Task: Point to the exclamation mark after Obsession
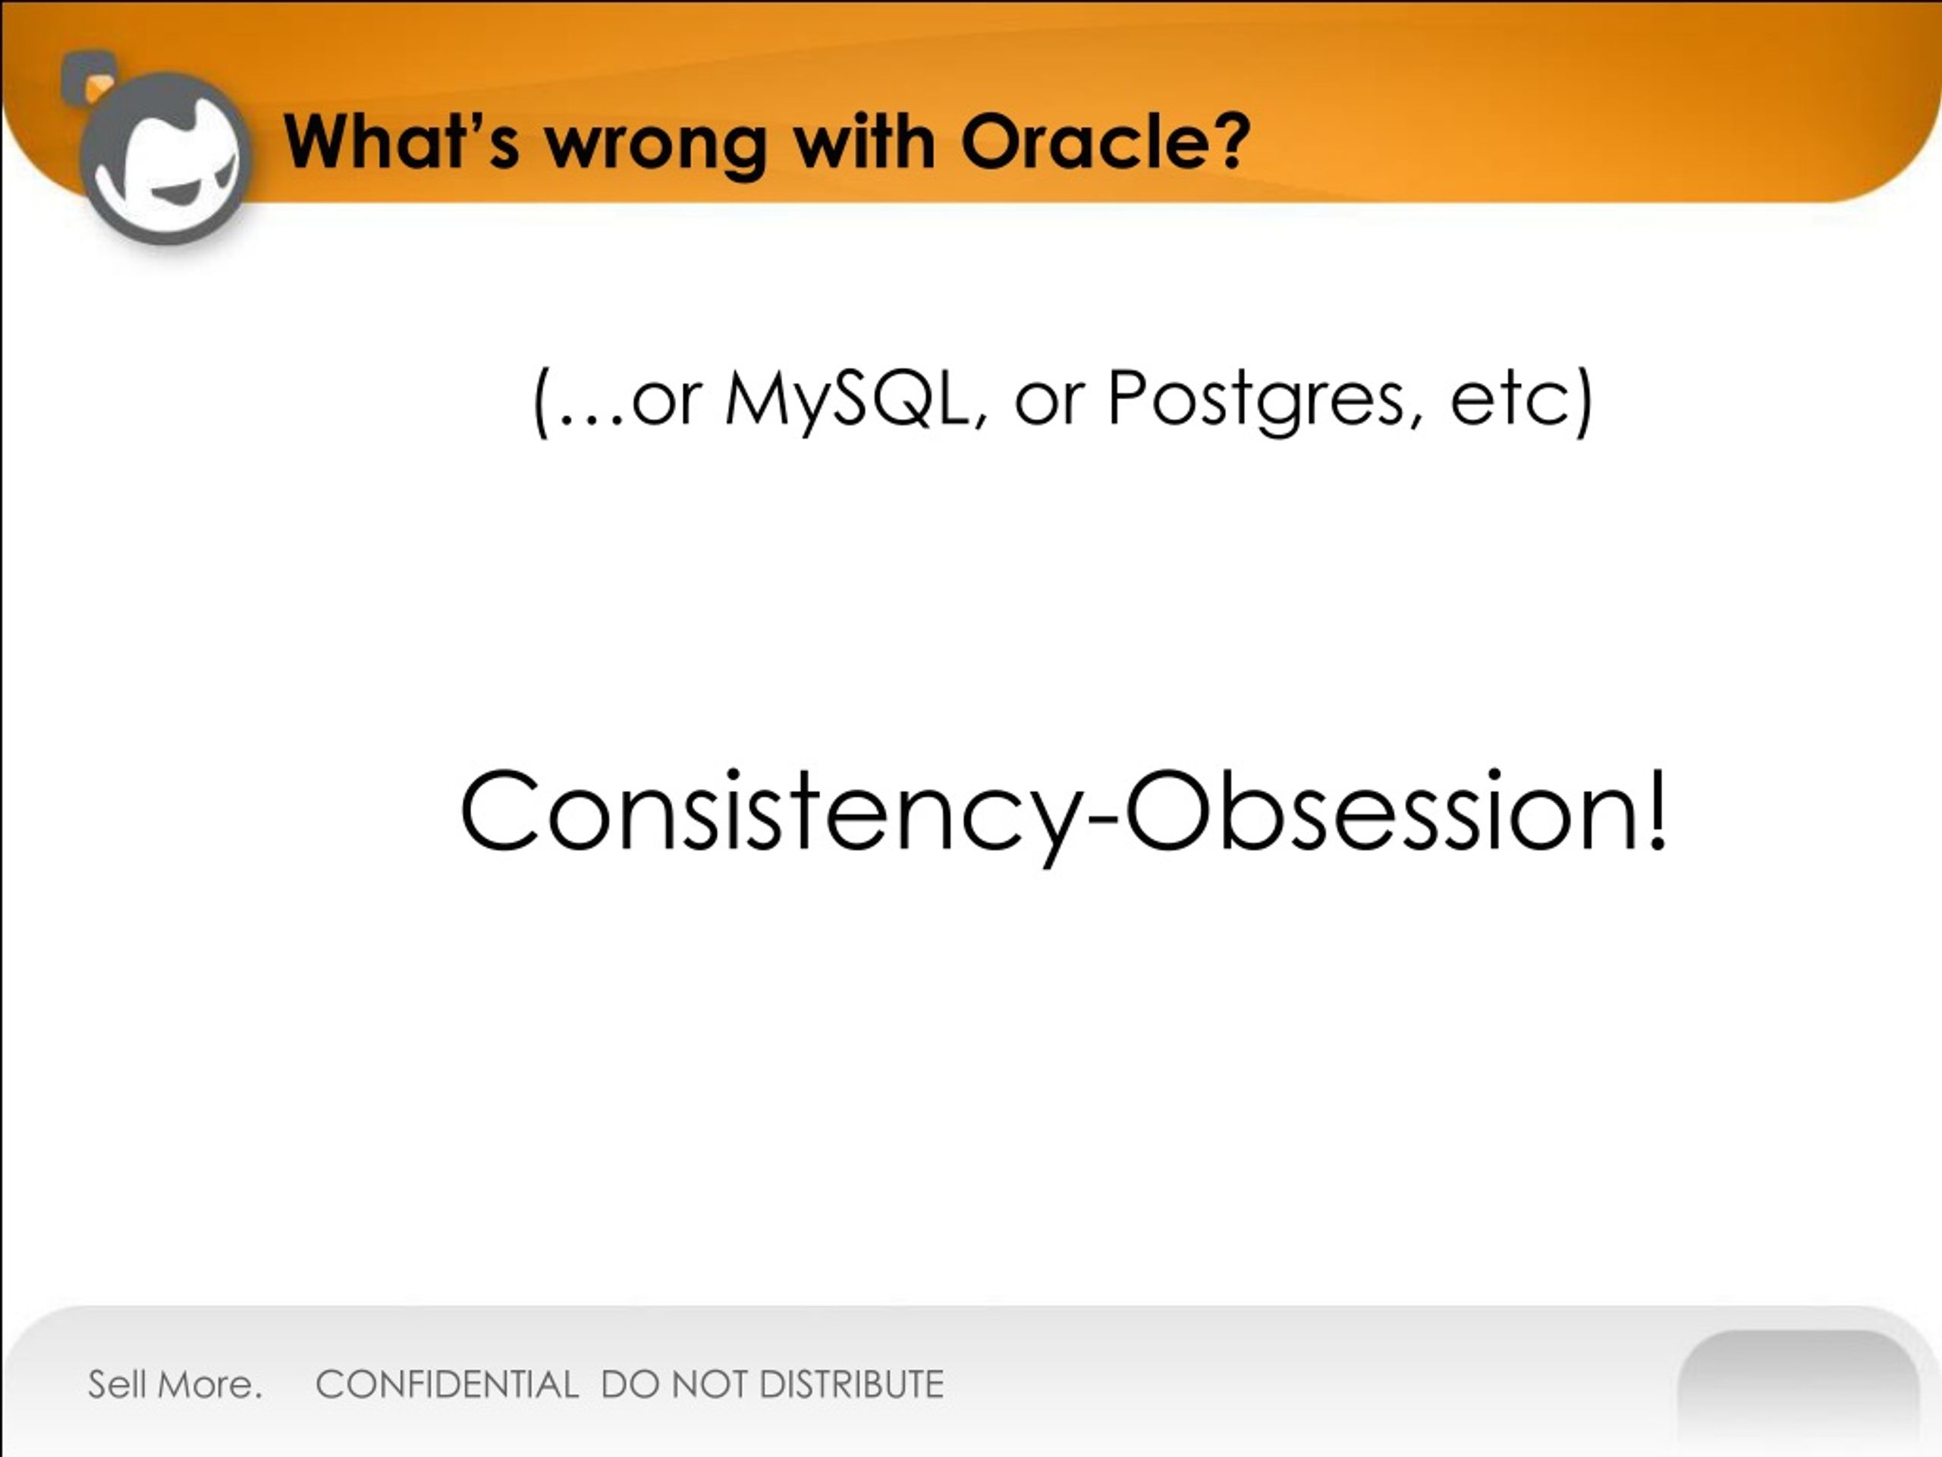point(1657,809)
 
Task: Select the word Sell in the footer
point(117,1385)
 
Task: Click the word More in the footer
point(207,1385)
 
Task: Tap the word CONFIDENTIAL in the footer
point(447,1385)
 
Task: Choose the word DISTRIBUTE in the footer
point(852,1385)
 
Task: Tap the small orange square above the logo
point(99,89)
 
